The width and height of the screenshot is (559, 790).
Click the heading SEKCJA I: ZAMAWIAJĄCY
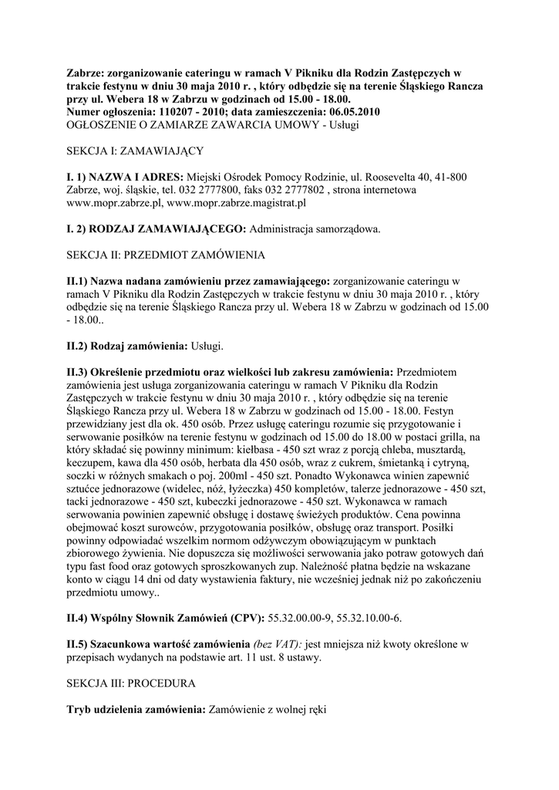click(135, 150)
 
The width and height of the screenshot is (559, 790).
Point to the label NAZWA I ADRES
click(136, 177)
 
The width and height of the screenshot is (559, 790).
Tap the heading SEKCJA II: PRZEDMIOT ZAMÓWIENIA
click(166, 255)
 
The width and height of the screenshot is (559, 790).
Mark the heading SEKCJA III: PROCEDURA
click(131, 684)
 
